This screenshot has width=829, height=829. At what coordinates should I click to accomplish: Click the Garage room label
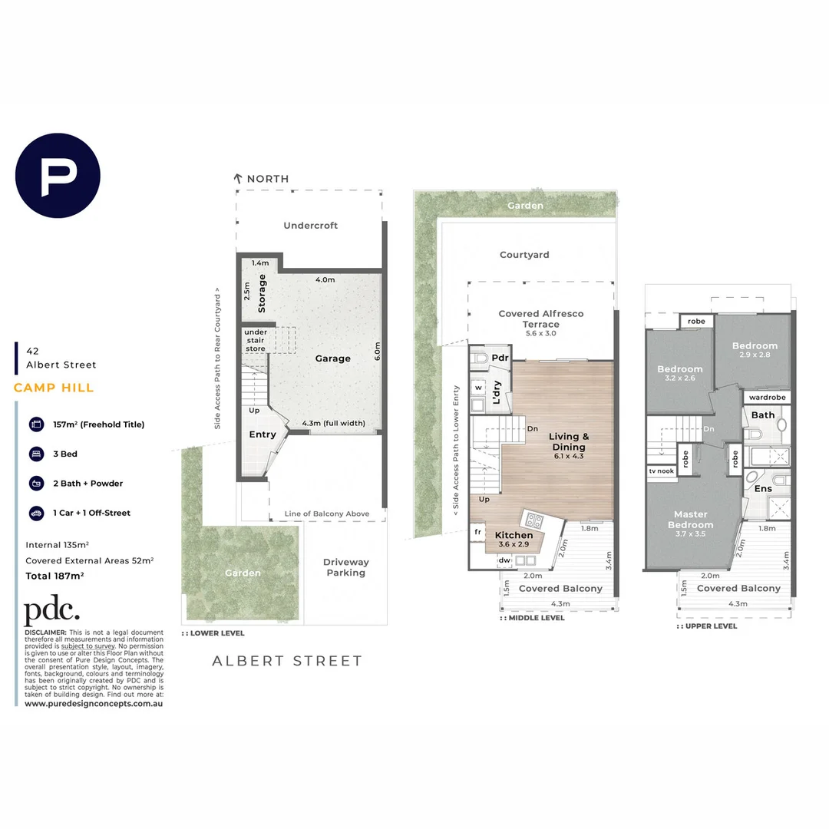pyautogui.click(x=332, y=358)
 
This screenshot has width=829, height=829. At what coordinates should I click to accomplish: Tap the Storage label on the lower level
pyautogui.click(x=262, y=292)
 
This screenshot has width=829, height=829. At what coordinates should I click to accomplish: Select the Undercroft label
pyautogui.click(x=310, y=226)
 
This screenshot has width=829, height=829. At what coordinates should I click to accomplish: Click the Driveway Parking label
pyautogui.click(x=345, y=567)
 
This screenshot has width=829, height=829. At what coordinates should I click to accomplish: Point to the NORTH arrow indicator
pyautogui.click(x=239, y=179)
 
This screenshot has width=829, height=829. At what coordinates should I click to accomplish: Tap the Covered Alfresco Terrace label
pyautogui.click(x=540, y=319)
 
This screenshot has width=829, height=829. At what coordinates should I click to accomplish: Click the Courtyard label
pyautogui.click(x=524, y=255)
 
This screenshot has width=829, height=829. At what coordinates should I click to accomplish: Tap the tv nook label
pyautogui.click(x=661, y=471)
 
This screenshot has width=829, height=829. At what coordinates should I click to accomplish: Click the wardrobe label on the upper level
pyautogui.click(x=767, y=398)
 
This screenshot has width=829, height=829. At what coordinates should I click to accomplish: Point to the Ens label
pyautogui.click(x=763, y=488)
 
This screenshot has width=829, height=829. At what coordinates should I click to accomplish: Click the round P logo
pyautogui.click(x=58, y=176)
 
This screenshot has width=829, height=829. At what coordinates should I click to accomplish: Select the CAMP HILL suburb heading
pyautogui.click(x=54, y=388)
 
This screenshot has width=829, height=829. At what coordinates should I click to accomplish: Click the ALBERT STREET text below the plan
pyautogui.click(x=286, y=660)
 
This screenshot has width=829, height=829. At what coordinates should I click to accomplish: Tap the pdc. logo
pyautogui.click(x=51, y=612)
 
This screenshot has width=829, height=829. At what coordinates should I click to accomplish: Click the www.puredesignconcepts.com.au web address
pyautogui.click(x=94, y=703)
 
